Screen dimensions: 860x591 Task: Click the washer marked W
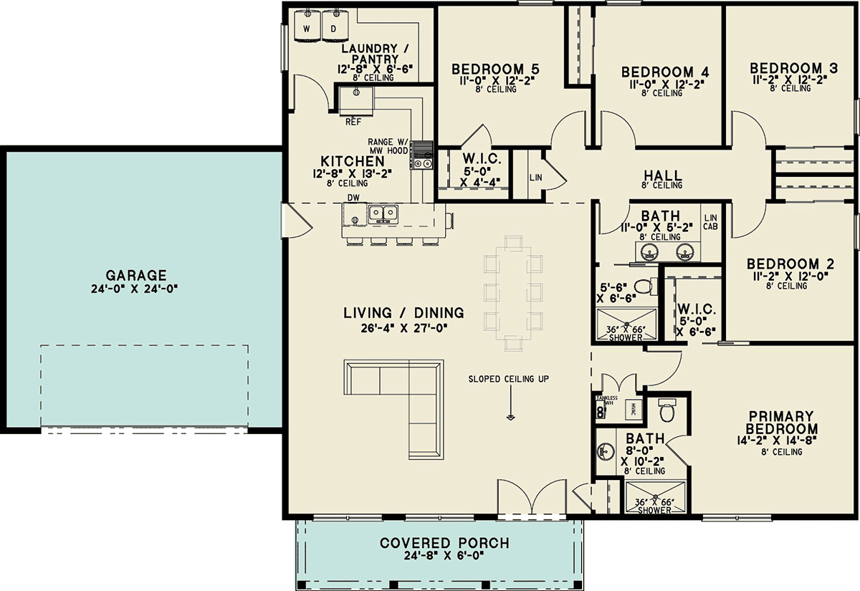307,25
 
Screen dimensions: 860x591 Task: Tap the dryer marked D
335,25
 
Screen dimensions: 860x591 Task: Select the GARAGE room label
136,275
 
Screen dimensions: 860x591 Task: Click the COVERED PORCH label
444,543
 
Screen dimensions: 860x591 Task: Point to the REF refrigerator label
353,122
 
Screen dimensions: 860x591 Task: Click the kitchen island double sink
383,213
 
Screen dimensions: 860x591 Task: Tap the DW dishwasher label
353,198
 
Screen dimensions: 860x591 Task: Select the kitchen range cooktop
421,155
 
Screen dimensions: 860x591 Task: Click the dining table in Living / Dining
513,293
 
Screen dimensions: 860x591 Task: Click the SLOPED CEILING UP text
509,379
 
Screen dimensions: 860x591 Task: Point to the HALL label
663,176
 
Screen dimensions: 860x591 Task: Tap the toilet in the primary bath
667,410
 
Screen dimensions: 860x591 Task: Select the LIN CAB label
710,222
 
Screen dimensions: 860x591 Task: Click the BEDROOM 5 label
495,69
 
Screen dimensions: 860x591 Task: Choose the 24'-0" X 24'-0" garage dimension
135,289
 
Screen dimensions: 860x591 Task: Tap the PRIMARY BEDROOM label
781,422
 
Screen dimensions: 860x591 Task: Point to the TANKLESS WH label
606,400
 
